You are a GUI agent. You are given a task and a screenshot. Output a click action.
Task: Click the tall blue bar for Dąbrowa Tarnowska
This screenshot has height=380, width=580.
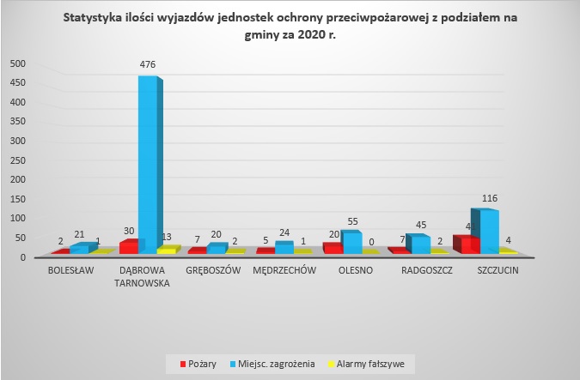pyautogui.click(x=148, y=163)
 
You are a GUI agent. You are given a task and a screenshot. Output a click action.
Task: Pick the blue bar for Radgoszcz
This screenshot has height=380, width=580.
pyautogui.click(x=419, y=244)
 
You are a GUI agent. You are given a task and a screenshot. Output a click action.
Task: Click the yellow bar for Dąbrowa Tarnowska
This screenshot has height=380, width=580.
pyautogui.click(x=166, y=250)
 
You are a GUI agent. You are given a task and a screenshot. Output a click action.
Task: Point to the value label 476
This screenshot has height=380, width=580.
pyautogui.click(x=148, y=64)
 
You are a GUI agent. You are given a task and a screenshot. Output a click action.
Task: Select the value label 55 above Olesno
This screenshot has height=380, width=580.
pyautogui.click(x=353, y=220)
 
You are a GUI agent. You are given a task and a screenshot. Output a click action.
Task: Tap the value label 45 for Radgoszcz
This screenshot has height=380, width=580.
pyautogui.click(x=422, y=226)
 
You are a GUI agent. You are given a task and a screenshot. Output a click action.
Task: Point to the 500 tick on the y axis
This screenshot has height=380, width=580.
pyautogui.click(x=18, y=63)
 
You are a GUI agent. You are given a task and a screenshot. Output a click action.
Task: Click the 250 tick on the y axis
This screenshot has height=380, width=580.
pyautogui.click(x=18, y=160)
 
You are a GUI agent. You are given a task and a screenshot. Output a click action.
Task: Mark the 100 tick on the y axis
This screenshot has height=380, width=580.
pyautogui.click(x=18, y=219)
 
